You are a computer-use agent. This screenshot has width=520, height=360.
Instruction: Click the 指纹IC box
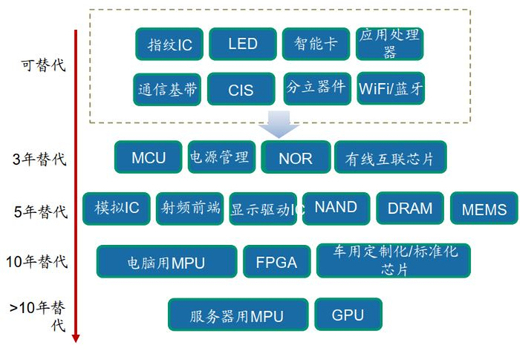coord(169,45)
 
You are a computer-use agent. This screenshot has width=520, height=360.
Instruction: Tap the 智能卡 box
coord(316,44)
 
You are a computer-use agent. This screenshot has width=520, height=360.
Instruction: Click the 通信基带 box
coord(168,89)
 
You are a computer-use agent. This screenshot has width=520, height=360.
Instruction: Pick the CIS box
coord(241,90)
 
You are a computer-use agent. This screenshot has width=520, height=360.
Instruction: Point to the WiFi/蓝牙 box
coord(391,89)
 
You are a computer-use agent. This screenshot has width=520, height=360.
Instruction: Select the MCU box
coord(149,157)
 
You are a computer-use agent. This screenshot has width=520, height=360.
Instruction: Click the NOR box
coord(295,157)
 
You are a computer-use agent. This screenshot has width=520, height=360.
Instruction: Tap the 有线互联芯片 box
coord(391,157)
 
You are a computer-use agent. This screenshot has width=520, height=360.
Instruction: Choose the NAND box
coord(336,209)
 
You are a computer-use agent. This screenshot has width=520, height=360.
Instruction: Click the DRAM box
coord(410,209)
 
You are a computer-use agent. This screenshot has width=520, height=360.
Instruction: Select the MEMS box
coord(484,209)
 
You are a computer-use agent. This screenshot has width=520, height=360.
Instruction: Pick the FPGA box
coord(276,261)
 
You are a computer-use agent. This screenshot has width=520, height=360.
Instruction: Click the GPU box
coord(348,314)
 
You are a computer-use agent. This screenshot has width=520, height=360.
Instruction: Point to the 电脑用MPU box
coord(167,262)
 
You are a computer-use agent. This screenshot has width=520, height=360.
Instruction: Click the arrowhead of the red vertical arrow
coord(75,338)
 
